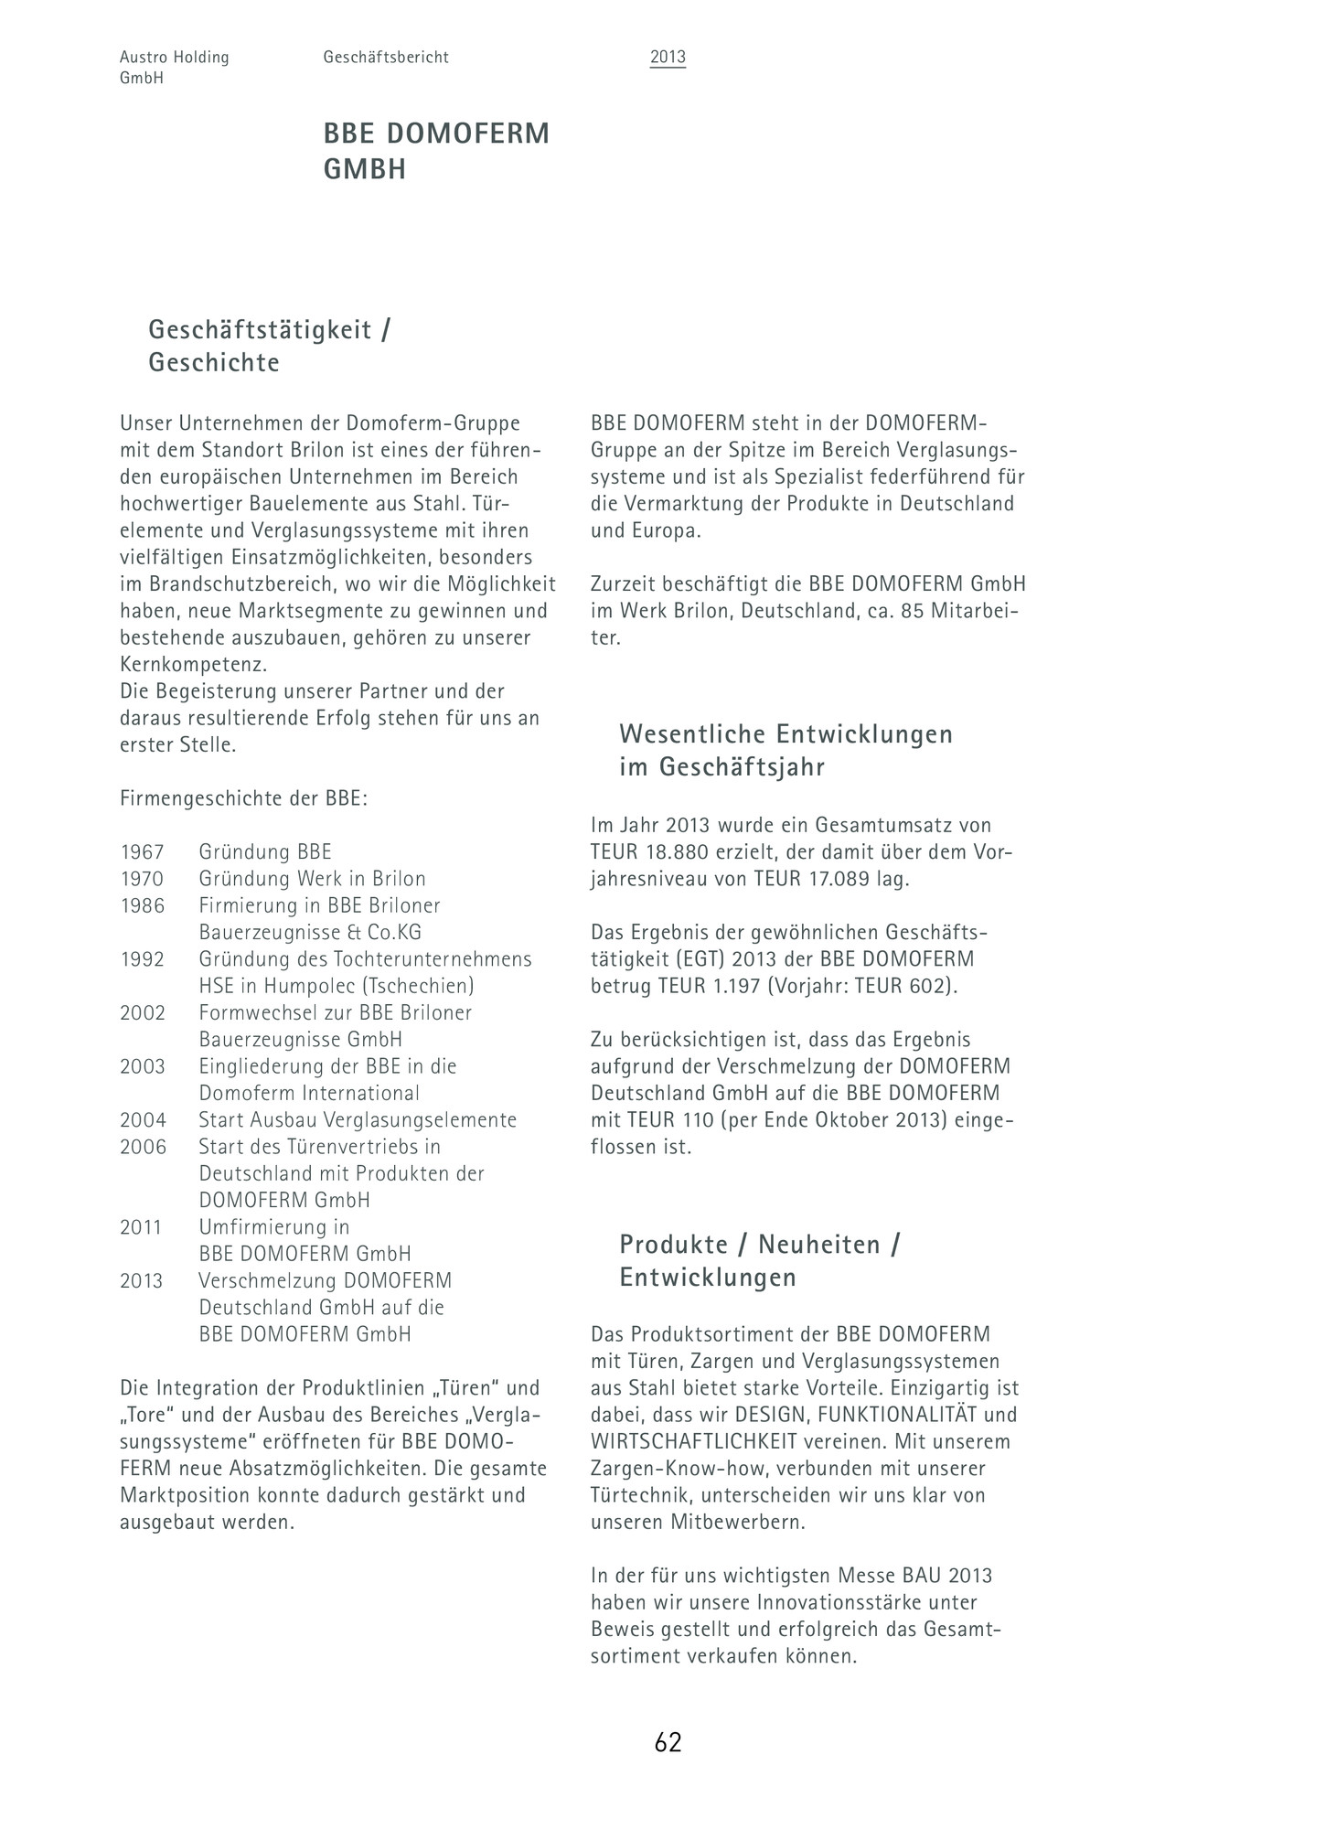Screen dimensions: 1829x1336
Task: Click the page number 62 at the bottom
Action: (x=668, y=1743)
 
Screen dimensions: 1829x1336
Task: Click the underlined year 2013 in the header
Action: (x=668, y=58)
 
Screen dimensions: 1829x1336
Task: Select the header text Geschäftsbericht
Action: (x=385, y=58)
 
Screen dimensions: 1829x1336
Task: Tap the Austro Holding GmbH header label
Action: (x=174, y=68)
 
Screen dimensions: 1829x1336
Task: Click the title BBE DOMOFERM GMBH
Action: (x=436, y=151)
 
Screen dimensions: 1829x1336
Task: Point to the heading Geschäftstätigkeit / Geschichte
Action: (x=269, y=346)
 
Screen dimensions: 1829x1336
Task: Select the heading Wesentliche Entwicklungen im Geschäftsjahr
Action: (x=786, y=750)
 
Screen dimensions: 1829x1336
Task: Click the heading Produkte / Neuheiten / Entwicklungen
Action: (x=759, y=1260)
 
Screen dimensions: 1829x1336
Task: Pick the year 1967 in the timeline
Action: (x=142, y=852)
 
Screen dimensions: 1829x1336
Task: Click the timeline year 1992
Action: (x=142, y=959)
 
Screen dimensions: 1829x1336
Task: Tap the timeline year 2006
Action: (x=143, y=1147)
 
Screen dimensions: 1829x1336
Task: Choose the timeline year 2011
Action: (x=141, y=1227)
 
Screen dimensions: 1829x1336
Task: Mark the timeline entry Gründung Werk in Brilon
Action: (x=312, y=879)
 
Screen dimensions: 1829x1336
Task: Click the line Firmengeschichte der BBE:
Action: (x=243, y=798)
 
